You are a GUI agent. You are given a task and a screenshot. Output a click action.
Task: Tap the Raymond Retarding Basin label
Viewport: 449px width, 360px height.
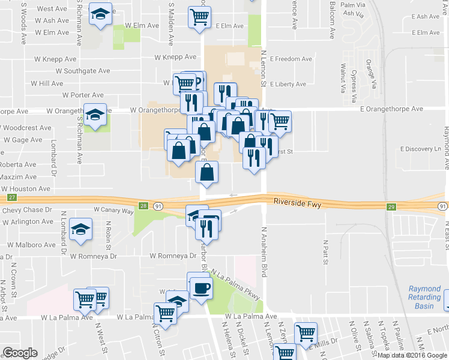[424, 297]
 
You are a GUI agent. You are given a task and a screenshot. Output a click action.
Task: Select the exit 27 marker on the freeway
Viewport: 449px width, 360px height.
[11, 197]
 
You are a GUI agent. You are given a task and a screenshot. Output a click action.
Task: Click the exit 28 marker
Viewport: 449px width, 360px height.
[143, 206]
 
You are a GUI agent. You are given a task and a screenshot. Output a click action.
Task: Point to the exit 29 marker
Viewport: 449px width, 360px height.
[391, 206]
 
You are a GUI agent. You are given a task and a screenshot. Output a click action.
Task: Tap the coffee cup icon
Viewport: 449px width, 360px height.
[200, 286]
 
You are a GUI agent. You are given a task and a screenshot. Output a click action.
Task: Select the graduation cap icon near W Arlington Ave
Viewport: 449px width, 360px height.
[80, 229]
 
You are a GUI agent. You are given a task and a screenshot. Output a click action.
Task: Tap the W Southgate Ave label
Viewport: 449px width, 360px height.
[83, 71]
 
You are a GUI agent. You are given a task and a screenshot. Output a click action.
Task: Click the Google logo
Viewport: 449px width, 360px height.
[20, 353]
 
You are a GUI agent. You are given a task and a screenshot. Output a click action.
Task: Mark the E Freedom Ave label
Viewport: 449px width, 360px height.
[291, 59]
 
